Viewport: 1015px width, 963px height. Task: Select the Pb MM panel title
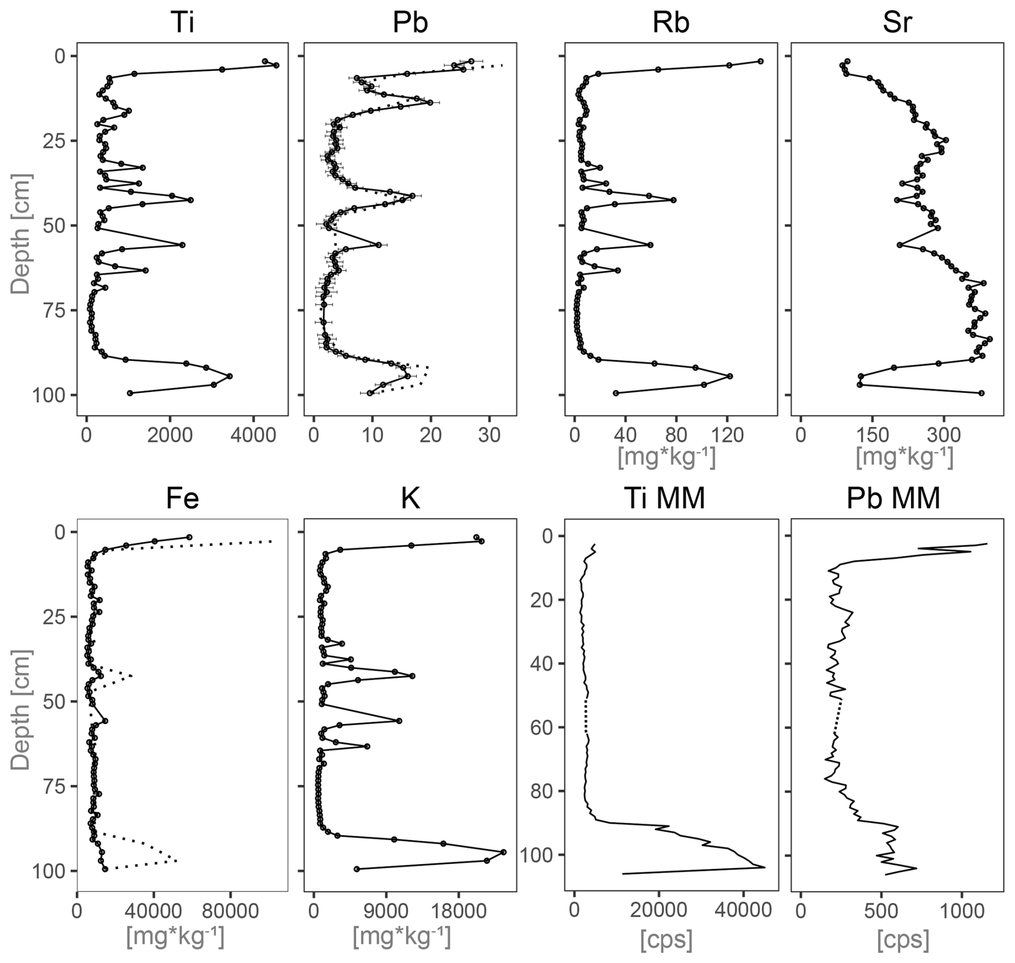pyautogui.click(x=893, y=499)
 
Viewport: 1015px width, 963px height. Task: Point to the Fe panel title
pyautogui.click(x=182, y=499)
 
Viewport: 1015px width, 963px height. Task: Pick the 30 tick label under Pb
pyautogui.click(x=489, y=435)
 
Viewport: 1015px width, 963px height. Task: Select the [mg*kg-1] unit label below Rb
pyautogui.click(x=667, y=457)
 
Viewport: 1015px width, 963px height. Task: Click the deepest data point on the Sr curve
pyautogui.click(x=981, y=393)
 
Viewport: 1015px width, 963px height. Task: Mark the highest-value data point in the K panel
pyautogui.click(x=503, y=852)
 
